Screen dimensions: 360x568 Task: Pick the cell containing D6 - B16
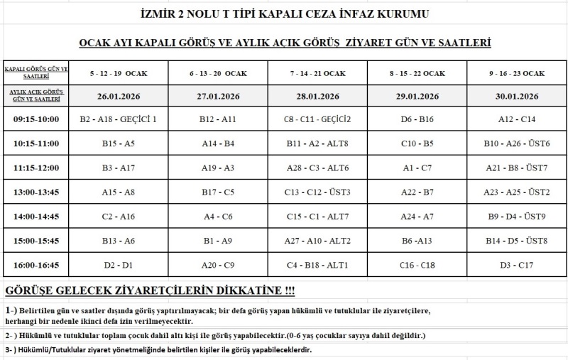click(417, 119)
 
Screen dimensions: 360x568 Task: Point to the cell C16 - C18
click(417, 265)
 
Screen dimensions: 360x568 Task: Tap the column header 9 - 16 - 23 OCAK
click(516, 73)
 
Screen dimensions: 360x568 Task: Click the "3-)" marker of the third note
click(11, 351)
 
